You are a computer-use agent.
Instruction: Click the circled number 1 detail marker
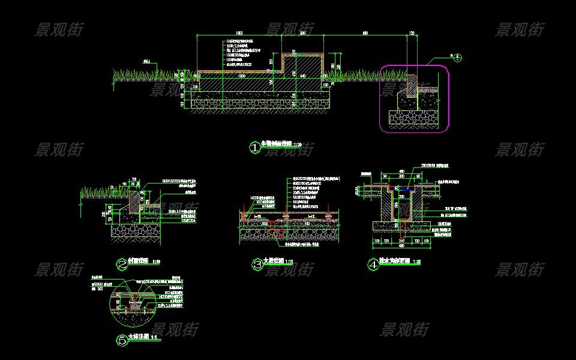tap(254, 147)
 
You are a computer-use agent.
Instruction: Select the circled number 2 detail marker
tap(122, 263)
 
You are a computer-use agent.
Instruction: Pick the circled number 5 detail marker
tap(122, 340)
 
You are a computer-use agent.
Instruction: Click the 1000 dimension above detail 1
tap(239, 32)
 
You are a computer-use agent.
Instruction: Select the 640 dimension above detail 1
tap(365, 32)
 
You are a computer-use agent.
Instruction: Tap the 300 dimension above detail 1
tap(303, 32)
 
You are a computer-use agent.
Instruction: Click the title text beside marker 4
tap(398, 262)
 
